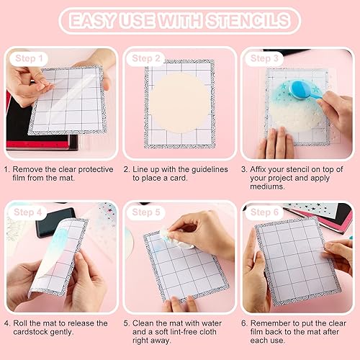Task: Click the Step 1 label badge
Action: coord(30,58)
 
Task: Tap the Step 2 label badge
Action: coord(147,58)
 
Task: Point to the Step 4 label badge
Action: coord(30,212)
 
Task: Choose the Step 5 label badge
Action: coord(147,212)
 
